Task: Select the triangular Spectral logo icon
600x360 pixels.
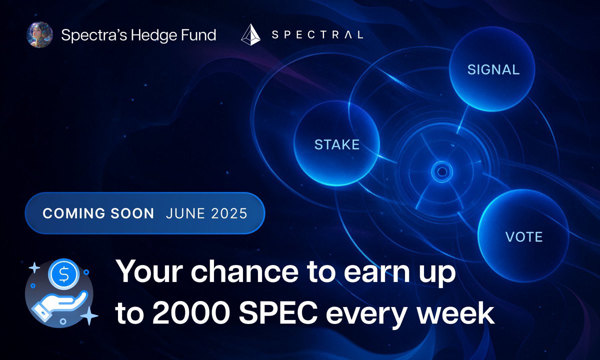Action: click(x=250, y=35)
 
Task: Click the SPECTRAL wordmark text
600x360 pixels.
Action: click(x=317, y=35)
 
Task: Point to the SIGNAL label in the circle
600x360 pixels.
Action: click(x=493, y=69)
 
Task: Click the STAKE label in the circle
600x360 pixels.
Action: click(x=336, y=145)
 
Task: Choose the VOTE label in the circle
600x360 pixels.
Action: click(x=523, y=236)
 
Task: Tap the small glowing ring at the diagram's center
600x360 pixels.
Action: click(x=441, y=172)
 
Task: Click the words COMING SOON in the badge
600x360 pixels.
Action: click(x=98, y=213)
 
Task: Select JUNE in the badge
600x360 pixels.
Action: click(x=184, y=213)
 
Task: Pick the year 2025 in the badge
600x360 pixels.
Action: click(x=228, y=213)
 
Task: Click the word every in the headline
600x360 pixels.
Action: click(x=364, y=314)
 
